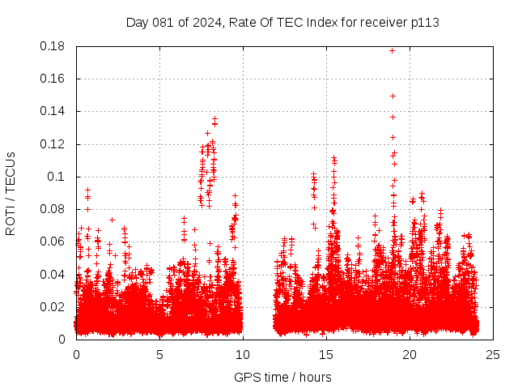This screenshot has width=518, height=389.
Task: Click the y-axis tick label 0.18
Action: (x=54, y=46)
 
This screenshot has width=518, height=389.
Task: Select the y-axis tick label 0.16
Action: (x=54, y=79)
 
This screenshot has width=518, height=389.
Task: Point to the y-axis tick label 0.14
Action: (x=54, y=111)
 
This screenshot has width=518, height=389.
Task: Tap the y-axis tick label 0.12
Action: (x=54, y=144)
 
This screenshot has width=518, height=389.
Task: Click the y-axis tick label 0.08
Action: (x=54, y=209)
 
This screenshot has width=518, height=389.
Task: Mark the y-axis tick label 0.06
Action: (x=54, y=242)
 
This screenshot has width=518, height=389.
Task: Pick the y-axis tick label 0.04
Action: (x=54, y=274)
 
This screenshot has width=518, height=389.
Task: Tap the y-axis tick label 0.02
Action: (x=54, y=306)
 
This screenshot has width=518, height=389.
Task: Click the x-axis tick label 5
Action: (x=159, y=354)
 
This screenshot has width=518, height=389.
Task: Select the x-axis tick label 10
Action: (x=243, y=354)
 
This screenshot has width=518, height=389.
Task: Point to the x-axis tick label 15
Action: (x=326, y=354)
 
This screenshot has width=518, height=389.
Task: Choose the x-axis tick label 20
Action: (x=410, y=354)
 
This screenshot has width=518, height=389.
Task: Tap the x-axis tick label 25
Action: (x=493, y=354)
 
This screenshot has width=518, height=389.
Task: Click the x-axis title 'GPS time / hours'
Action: (x=282, y=377)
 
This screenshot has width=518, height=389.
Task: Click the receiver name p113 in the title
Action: (x=423, y=22)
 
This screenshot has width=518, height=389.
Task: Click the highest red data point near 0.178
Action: (x=393, y=50)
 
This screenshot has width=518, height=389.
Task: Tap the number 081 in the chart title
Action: (x=163, y=22)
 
